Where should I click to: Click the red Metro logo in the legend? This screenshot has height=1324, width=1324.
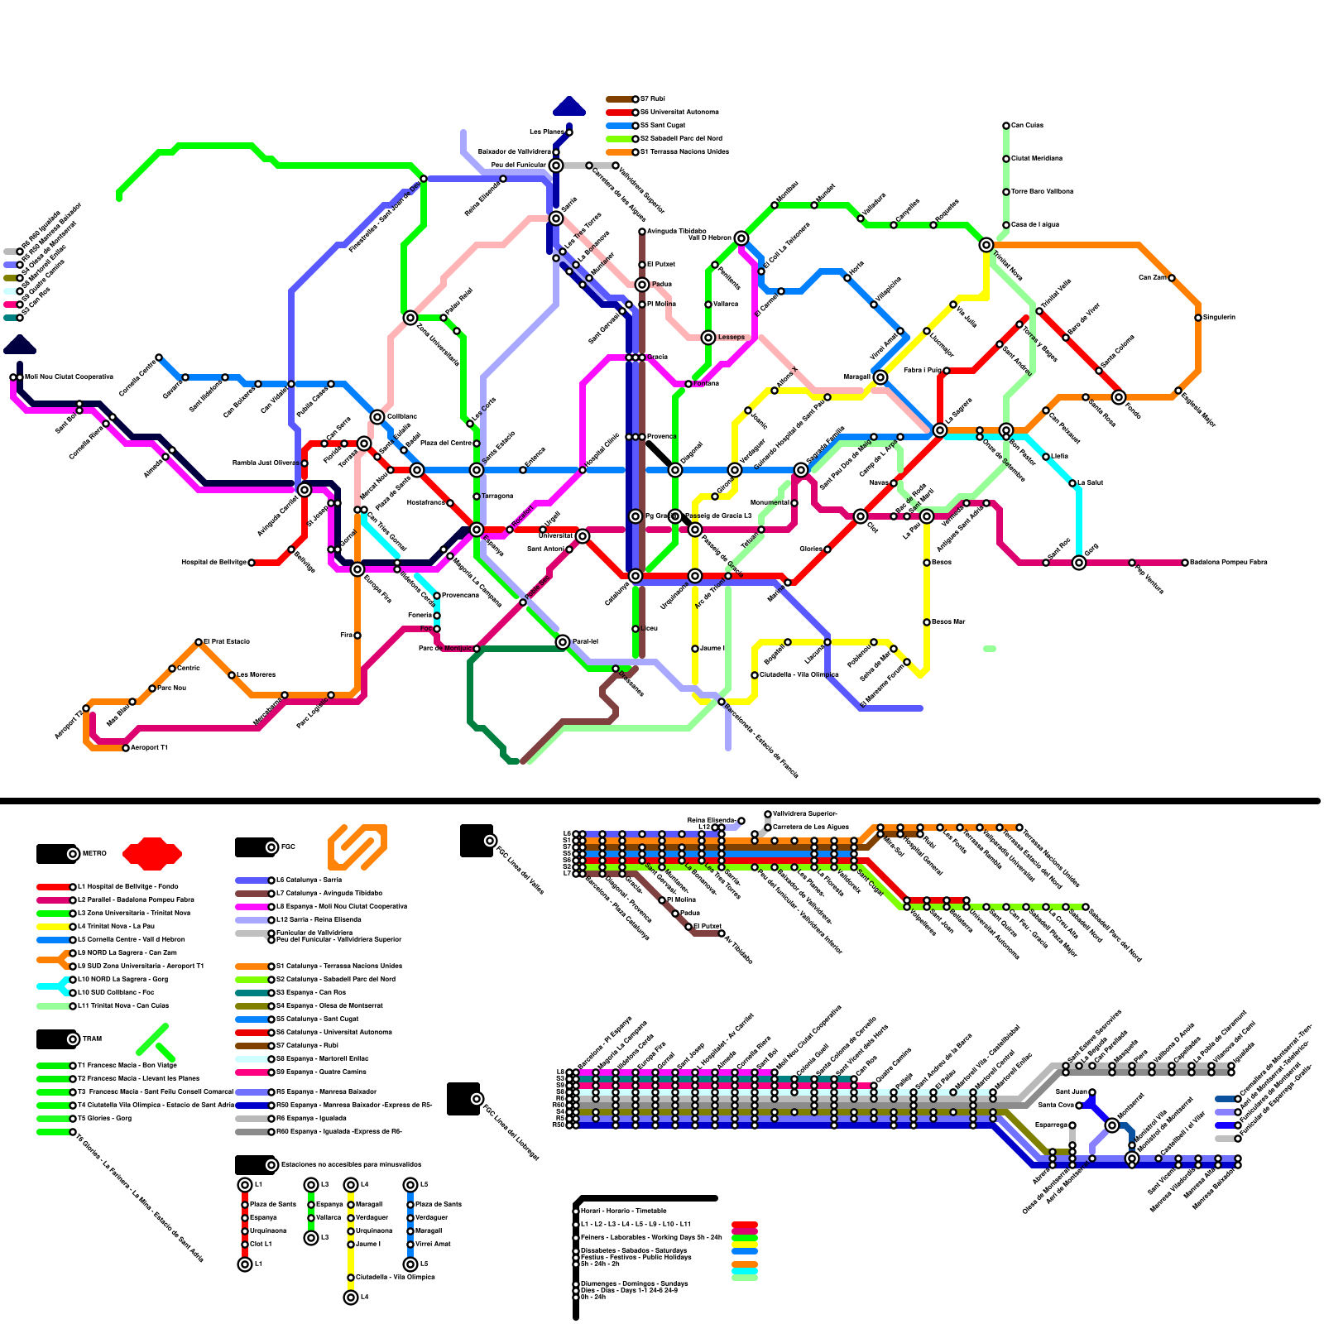152,853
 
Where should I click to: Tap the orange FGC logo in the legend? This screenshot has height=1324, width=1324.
357,847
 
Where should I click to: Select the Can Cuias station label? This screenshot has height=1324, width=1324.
1027,125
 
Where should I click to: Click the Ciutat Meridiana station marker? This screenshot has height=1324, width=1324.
1006,158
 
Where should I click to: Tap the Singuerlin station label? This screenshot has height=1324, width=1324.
1219,317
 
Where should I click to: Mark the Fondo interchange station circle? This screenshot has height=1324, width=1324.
1119,397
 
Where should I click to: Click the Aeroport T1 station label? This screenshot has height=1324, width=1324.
149,747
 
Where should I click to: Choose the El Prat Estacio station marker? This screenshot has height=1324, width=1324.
199,642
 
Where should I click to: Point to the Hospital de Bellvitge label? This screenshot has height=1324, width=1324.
213,562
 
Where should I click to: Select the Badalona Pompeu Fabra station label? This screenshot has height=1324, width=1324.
1228,562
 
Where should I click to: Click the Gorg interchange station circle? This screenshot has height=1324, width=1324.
1079,563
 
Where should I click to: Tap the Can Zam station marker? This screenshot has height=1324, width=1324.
1172,278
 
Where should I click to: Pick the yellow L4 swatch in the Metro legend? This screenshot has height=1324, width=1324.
53,926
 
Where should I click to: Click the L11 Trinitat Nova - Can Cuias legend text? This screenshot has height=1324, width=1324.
122,1005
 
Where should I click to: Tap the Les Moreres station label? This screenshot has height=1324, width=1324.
256,674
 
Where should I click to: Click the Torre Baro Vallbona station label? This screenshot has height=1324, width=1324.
1042,191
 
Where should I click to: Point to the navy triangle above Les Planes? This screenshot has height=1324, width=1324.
569,106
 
